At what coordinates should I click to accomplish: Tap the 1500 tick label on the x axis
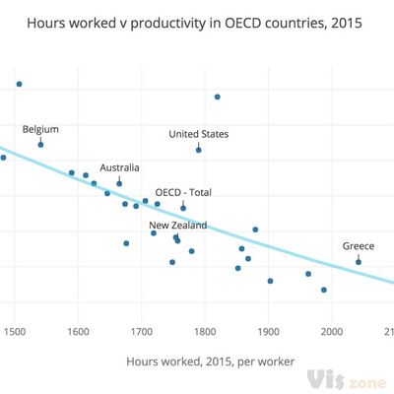click(x=15, y=330)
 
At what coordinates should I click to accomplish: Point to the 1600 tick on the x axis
click(x=78, y=330)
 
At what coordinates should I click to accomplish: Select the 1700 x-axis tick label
click(x=141, y=330)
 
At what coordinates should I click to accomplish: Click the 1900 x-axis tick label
click(x=268, y=330)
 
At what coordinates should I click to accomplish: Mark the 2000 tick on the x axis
click(x=332, y=330)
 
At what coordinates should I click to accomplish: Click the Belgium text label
click(x=40, y=129)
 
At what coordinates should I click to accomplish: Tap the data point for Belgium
click(x=40, y=145)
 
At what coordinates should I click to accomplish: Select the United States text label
click(x=198, y=134)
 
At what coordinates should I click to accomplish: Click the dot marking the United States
click(x=199, y=150)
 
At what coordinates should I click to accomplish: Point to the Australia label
click(x=119, y=167)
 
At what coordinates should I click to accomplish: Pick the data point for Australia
click(x=119, y=183)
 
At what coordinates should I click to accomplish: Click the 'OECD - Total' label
click(x=183, y=193)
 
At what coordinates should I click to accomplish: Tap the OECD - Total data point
click(x=183, y=208)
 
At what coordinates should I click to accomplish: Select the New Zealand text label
click(x=178, y=226)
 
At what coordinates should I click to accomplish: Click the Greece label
click(x=359, y=245)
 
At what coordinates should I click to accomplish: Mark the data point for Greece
click(x=359, y=261)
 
